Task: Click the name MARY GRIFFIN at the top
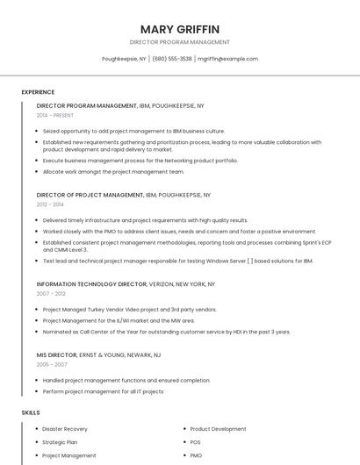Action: pos(179,29)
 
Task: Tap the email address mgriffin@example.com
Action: pos(227,59)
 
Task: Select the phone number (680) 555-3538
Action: pos(172,59)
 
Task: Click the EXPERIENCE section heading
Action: pos(38,92)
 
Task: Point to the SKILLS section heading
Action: pos(31,412)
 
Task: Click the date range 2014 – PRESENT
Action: pos(54,115)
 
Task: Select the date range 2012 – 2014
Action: pos(50,204)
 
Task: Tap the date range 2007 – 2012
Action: pos(51,293)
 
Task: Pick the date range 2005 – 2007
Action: pos(51,364)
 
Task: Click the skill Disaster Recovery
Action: pos(65,429)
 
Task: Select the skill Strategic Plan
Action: pos(60,442)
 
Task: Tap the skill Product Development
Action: pos(218,429)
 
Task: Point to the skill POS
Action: pos(195,442)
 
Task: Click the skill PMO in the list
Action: pos(196,455)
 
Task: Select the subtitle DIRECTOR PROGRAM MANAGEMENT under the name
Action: pos(179,42)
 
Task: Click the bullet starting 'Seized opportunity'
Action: pos(133,131)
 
